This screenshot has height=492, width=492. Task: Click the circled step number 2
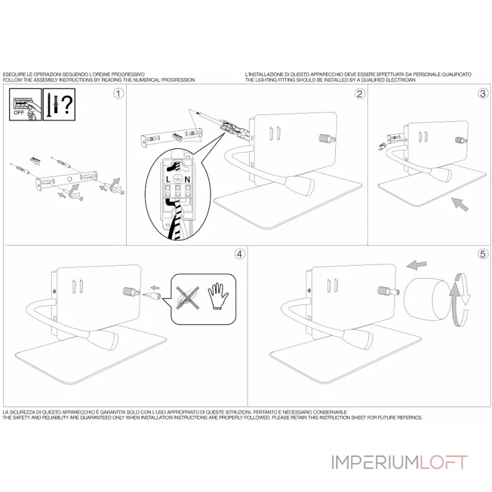coord(360,93)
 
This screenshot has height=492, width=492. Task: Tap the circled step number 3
coord(483,93)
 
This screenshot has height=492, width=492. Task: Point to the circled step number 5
coord(483,253)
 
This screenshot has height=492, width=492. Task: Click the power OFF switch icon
coord(25,102)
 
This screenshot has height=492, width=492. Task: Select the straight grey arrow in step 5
coord(417,265)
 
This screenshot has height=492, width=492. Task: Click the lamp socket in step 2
coord(324,140)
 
